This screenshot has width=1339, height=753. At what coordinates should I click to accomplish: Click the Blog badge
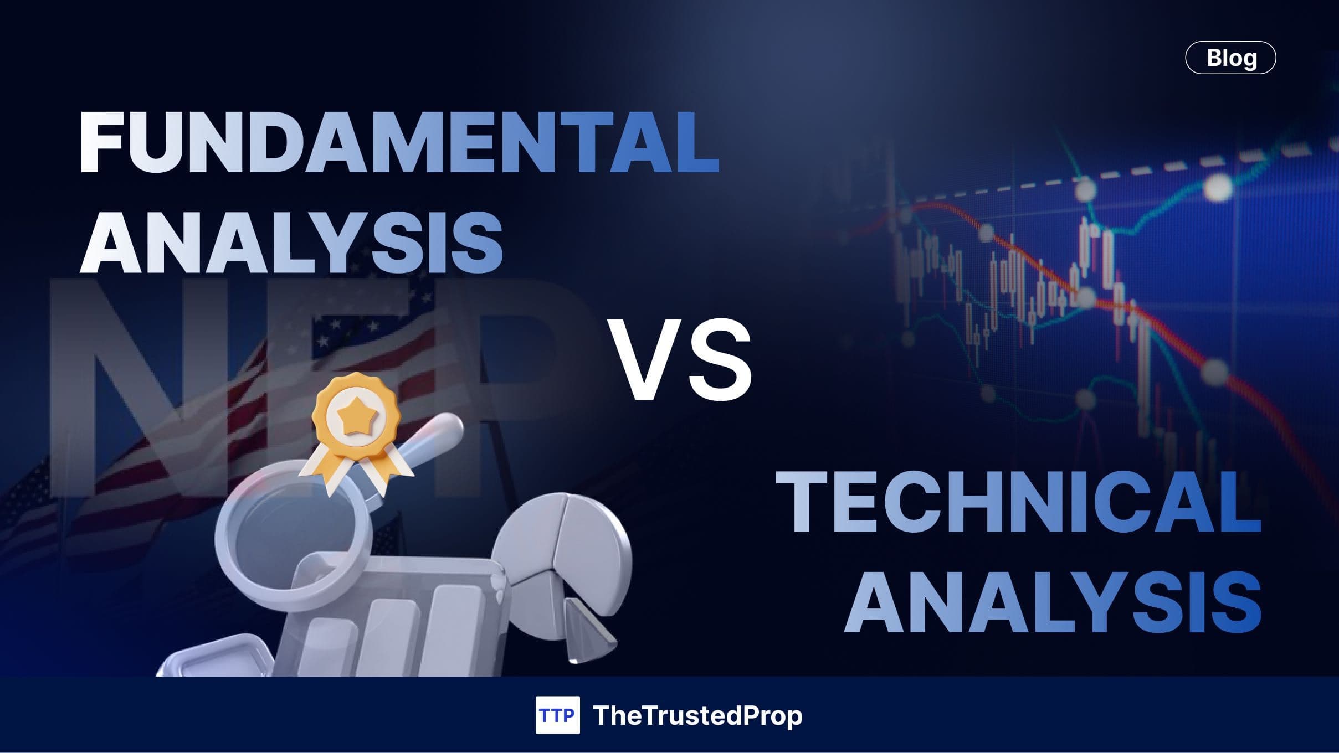coord(1230,58)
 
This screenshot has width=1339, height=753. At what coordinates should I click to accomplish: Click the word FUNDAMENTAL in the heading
coord(399,143)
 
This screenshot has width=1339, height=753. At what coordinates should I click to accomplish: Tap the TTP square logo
coord(557,715)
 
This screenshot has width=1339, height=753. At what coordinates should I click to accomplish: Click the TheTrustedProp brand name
coord(697,715)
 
